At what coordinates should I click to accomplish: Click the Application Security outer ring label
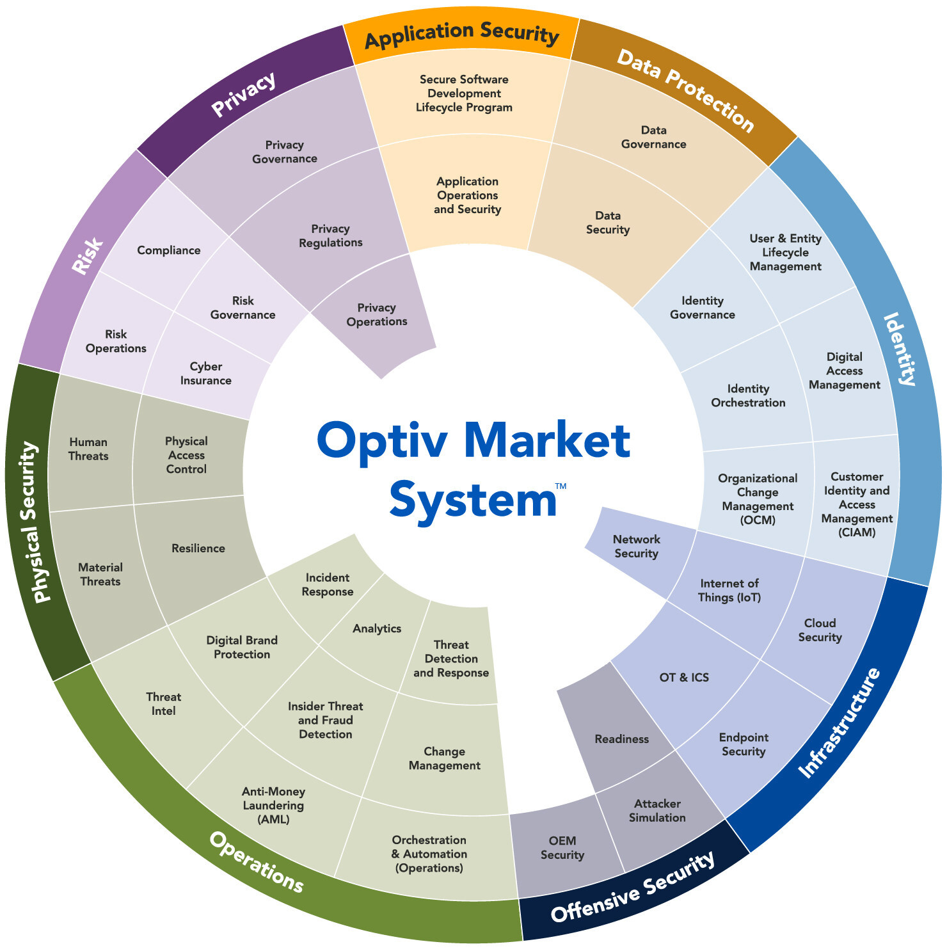click(461, 35)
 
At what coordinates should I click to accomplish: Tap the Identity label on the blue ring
click(899, 349)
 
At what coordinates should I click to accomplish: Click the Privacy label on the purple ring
click(244, 95)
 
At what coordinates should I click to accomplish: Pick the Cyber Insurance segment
click(205, 374)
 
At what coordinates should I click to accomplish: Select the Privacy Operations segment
click(376, 315)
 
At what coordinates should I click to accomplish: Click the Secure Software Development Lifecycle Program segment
click(464, 93)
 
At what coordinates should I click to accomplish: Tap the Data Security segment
click(608, 223)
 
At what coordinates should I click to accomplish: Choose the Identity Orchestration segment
click(748, 396)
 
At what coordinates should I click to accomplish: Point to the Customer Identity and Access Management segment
click(856, 504)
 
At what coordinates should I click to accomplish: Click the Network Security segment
click(636, 547)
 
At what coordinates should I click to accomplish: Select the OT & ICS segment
click(684, 677)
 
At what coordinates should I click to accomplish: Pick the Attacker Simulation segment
click(657, 810)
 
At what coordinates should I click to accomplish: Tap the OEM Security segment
click(562, 847)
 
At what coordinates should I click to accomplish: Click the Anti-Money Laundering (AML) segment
click(273, 805)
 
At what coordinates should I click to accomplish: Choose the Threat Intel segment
click(163, 704)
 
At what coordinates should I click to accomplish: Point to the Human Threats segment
click(88, 449)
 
